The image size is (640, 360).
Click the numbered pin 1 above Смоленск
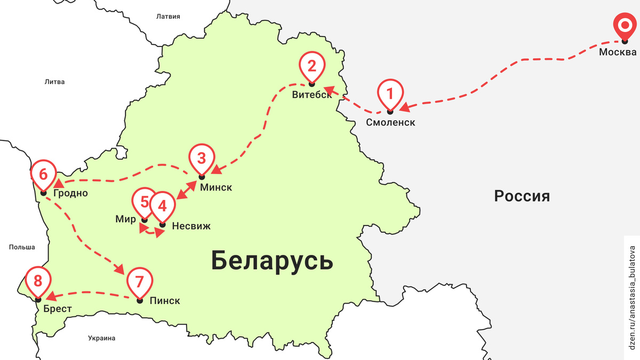coord(390,94)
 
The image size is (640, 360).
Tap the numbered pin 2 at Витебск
coord(311,66)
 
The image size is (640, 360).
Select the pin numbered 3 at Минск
coord(202,159)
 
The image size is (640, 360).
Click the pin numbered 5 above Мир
coord(144,202)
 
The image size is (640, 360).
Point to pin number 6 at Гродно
coord(43,175)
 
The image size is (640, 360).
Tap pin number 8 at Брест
coord(38,281)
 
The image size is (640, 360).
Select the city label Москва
coord(618,52)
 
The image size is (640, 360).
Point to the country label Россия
coord(522,196)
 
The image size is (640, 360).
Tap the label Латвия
coord(168,17)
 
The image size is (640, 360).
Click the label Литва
coord(54,82)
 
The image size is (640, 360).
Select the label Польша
coord(22,247)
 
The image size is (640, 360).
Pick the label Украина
coord(102,338)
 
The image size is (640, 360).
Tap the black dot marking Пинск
coord(140,301)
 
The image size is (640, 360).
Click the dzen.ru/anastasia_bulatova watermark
coord(633,293)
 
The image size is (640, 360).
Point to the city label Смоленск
coord(390,122)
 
